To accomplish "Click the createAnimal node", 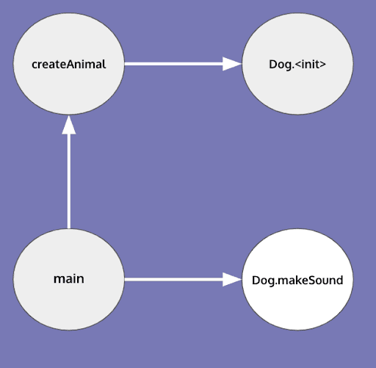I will (x=69, y=64).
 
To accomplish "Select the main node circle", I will (x=69, y=279).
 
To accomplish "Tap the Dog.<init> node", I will (x=297, y=64).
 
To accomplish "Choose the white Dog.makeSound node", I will (x=297, y=280).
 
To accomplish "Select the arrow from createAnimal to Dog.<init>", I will (x=176, y=64).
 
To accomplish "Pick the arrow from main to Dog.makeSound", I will (x=176, y=280).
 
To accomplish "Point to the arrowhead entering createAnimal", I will (x=69, y=125).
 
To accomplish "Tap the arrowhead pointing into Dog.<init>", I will (x=232, y=64).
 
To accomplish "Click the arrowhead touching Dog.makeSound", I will (x=232, y=280).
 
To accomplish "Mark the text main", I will (x=69, y=279).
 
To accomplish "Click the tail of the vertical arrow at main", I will (x=69, y=226).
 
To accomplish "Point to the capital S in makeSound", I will (x=311, y=281).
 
